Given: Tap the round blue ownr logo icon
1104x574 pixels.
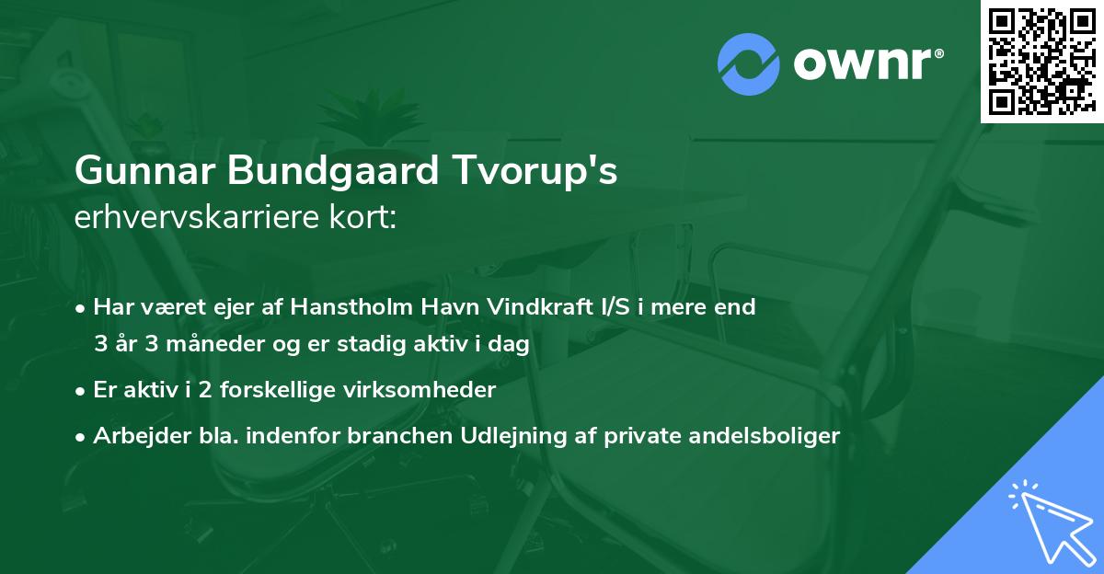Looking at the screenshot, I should point(749,63).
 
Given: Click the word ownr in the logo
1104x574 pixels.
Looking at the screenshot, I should point(867,64).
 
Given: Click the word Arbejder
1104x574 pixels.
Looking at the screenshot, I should point(134,436).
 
